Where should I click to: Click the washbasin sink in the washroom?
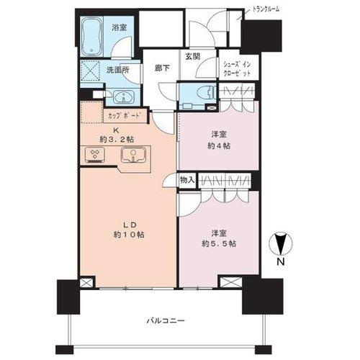122,98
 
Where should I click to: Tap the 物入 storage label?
186,179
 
